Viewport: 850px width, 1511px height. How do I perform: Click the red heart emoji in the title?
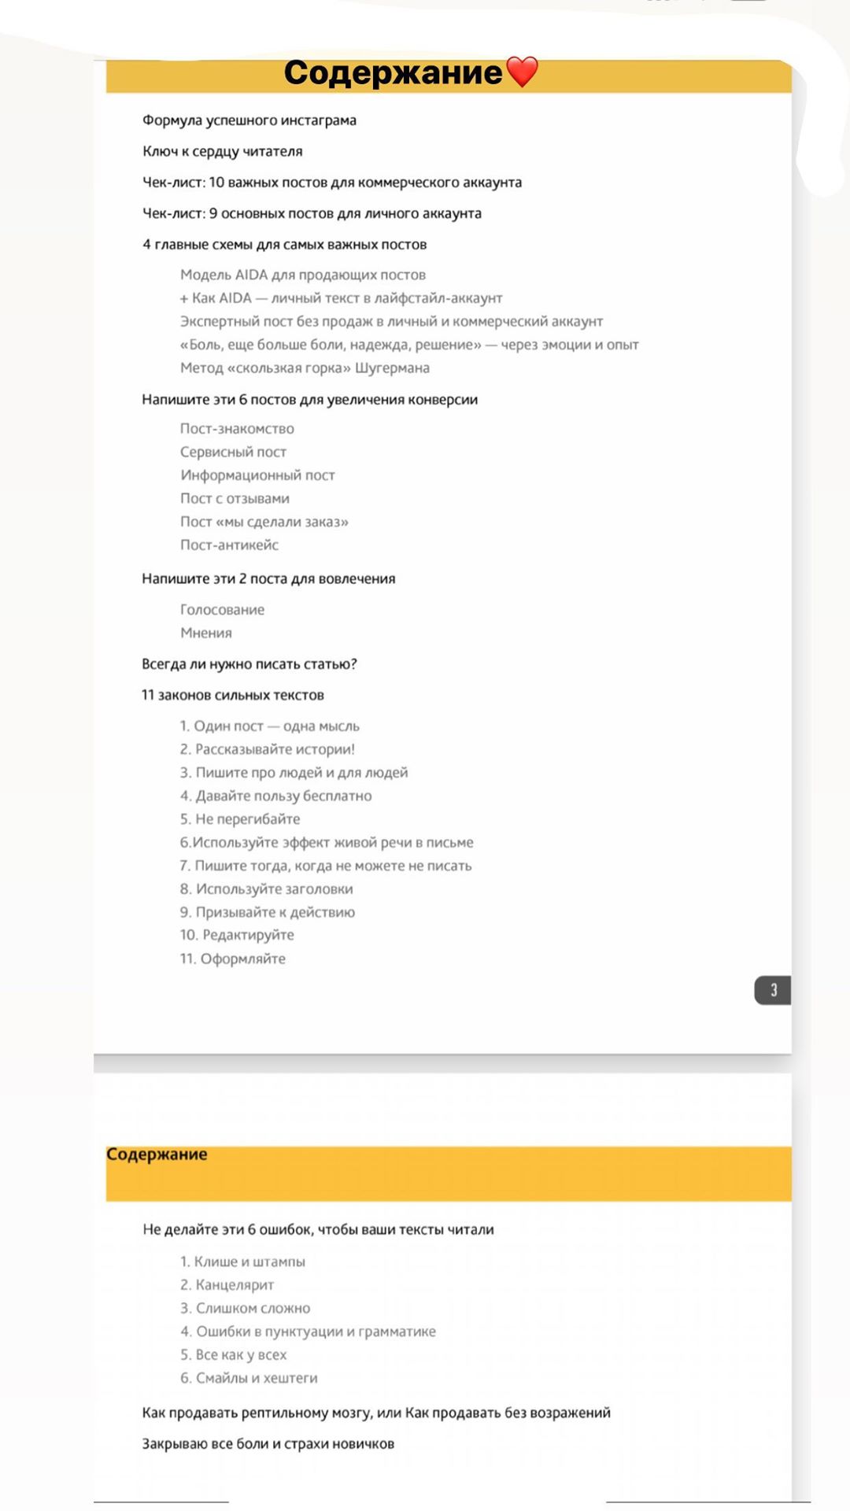pos(522,72)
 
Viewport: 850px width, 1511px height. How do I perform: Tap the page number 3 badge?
pos(772,990)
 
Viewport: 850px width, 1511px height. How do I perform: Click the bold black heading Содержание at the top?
pos(393,72)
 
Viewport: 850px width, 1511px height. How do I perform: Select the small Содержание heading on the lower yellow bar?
pos(157,1154)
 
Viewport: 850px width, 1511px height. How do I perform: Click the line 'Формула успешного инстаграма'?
pos(249,120)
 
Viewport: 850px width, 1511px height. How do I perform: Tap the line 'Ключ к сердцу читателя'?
pos(222,151)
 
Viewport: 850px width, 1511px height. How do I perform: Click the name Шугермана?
pos(392,368)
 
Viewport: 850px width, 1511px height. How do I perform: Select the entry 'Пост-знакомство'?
pos(237,429)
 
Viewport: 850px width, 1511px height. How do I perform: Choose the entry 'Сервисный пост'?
pos(233,452)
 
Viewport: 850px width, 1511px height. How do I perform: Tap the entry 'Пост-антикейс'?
pos(229,545)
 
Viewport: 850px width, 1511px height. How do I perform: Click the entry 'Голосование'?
pos(222,609)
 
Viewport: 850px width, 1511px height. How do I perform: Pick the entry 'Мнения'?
pos(205,633)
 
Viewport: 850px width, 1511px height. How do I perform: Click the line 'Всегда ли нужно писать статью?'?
pos(249,664)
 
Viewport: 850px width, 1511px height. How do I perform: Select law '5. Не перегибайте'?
pos(239,819)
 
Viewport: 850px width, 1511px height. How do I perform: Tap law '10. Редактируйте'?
pos(236,935)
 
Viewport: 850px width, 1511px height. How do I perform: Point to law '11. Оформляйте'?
pos(232,959)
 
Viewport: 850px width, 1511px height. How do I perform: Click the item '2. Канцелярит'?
pos(227,1284)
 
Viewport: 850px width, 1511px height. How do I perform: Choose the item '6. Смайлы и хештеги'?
pos(249,1377)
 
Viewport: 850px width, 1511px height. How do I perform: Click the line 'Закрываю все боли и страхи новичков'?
pos(268,1443)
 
